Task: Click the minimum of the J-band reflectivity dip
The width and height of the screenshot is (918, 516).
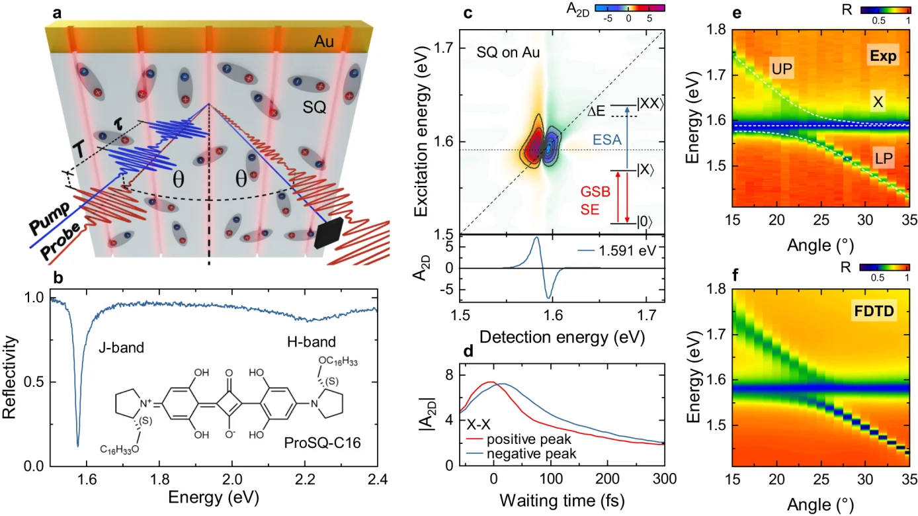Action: point(78,445)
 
